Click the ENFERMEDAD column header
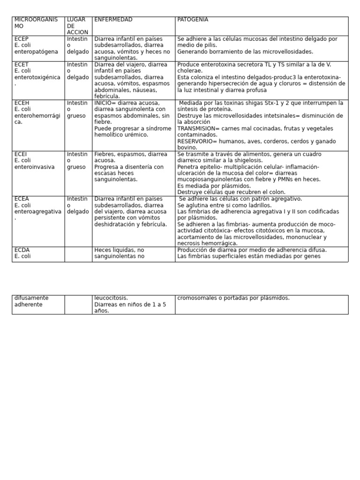pyautogui.click(x=113, y=20)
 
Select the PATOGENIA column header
pyautogui.click(x=193, y=20)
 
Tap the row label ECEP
pyautogui.click(x=22, y=39)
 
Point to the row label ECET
pyautogui.click(x=22, y=65)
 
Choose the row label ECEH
pyautogui.click(x=22, y=103)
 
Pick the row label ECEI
pyautogui.click(x=21, y=154)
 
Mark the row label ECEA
pyautogui.click(x=22, y=199)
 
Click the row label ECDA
pyautogui.click(x=22, y=250)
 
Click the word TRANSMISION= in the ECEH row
pyautogui.click(x=196, y=128)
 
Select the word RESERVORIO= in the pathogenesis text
pyautogui.click(x=194, y=141)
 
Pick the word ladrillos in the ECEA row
pyautogui.click(x=257, y=205)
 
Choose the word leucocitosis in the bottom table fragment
pyautogui.click(x=111, y=298)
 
